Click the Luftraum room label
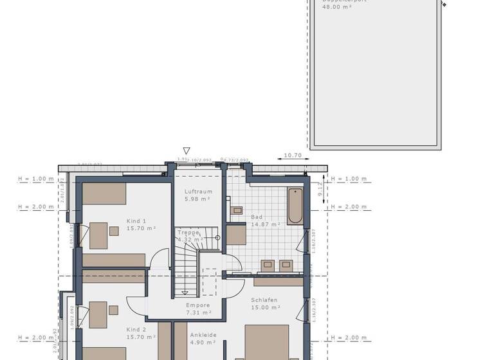click(x=198, y=192)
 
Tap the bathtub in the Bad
click(x=295, y=206)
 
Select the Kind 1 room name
click(x=136, y=221)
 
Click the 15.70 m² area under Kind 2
click(x=141, y=337)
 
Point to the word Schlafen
click(x=264, y=300)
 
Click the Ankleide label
click(x=203, y=335)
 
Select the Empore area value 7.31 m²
click(x=199, y=312)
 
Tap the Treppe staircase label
click(x=188, y=232)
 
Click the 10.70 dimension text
click(x=293, y=156)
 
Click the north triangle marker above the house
click(x=187, y=151)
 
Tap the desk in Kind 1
click(x=98, y=235)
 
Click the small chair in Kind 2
click(x=113, y=310)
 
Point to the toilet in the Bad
click(x=236, y=210)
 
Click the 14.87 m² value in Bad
click(x=266, y=224)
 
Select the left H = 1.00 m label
click(x=35, y=179)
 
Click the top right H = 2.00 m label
click(x=348, y=207)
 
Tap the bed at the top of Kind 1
click(x=104, y=194)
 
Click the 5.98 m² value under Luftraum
click(x=198, y=199)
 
